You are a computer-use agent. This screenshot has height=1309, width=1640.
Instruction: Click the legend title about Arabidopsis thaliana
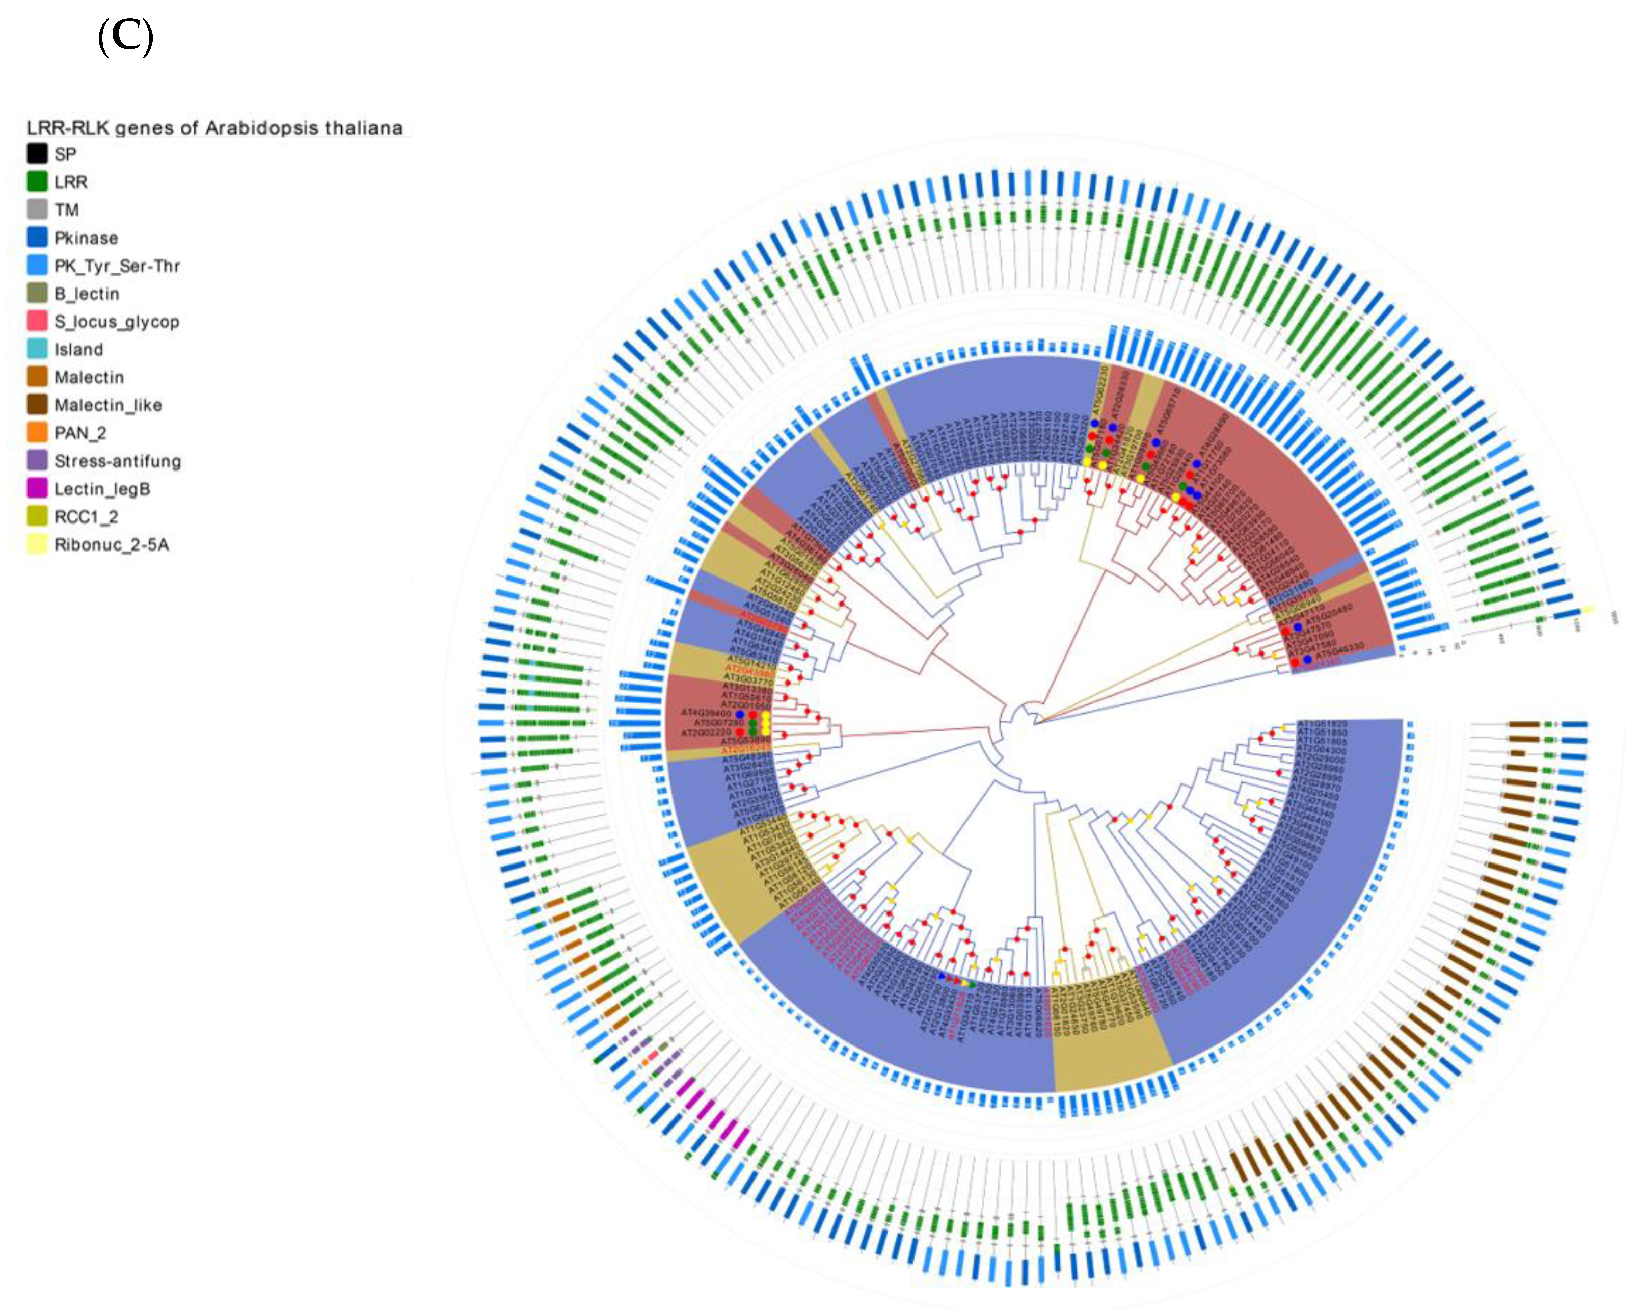[214, 128]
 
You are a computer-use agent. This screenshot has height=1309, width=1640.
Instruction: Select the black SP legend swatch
[37, 154]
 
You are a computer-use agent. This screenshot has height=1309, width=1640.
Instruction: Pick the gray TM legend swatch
[37, 210]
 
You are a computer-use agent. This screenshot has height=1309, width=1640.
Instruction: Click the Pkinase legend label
[86, 238]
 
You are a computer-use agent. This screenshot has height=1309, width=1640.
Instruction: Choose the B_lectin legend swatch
[37, 293]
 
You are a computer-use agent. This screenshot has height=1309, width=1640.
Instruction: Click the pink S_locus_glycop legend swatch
[37, 321]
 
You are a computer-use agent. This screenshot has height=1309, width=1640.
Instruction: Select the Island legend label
[78, 349]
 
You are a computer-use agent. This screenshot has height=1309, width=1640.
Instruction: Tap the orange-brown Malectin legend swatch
[37, 377]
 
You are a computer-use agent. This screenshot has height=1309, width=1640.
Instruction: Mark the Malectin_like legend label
[108, 405]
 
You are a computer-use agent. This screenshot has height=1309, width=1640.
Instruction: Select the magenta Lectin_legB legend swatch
[37, 489]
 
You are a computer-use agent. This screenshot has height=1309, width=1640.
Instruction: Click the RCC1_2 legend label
[86, 517]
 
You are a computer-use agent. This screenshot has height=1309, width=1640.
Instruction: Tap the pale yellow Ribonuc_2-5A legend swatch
[37, 545]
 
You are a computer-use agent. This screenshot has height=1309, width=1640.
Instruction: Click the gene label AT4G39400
[706, 713]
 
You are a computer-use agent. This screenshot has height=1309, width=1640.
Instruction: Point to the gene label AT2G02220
[706, 733]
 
